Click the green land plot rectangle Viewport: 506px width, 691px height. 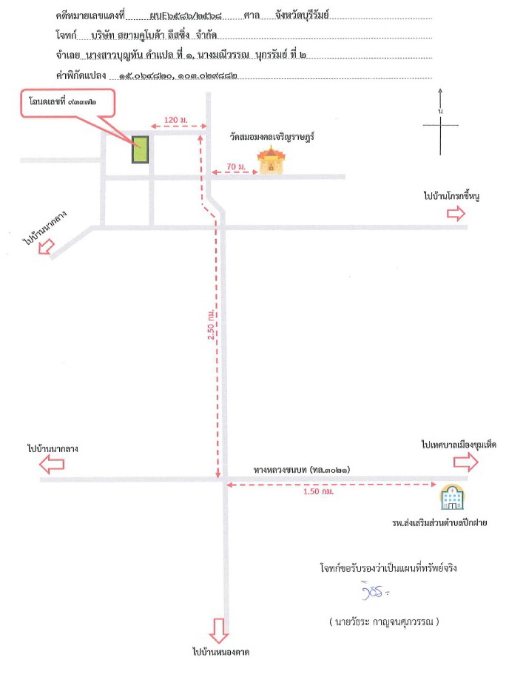coord(140,149)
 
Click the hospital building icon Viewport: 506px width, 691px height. coord(452,496)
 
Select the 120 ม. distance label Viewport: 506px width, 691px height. coord(176,120)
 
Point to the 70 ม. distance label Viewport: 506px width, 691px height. coord(236,166)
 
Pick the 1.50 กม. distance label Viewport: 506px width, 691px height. coord(318,491)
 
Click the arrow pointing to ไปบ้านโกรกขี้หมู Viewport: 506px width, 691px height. coord(456,213)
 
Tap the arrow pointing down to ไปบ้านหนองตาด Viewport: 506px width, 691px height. coord(219,630)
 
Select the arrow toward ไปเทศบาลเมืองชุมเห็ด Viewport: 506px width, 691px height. coord(465,462)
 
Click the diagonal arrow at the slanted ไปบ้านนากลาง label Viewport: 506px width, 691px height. coord(46,246)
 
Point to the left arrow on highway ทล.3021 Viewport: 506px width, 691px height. coord(52,465)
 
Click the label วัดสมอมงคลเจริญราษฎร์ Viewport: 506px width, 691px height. coord(272,137)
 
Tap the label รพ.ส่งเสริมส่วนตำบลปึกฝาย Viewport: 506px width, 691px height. coord(439,522)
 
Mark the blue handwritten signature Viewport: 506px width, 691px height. coord(375,592)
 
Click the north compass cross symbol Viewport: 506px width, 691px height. coord(440,125)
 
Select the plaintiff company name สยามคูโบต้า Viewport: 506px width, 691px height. coord(138,35)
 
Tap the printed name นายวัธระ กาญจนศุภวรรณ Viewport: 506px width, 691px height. coord(384,621)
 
